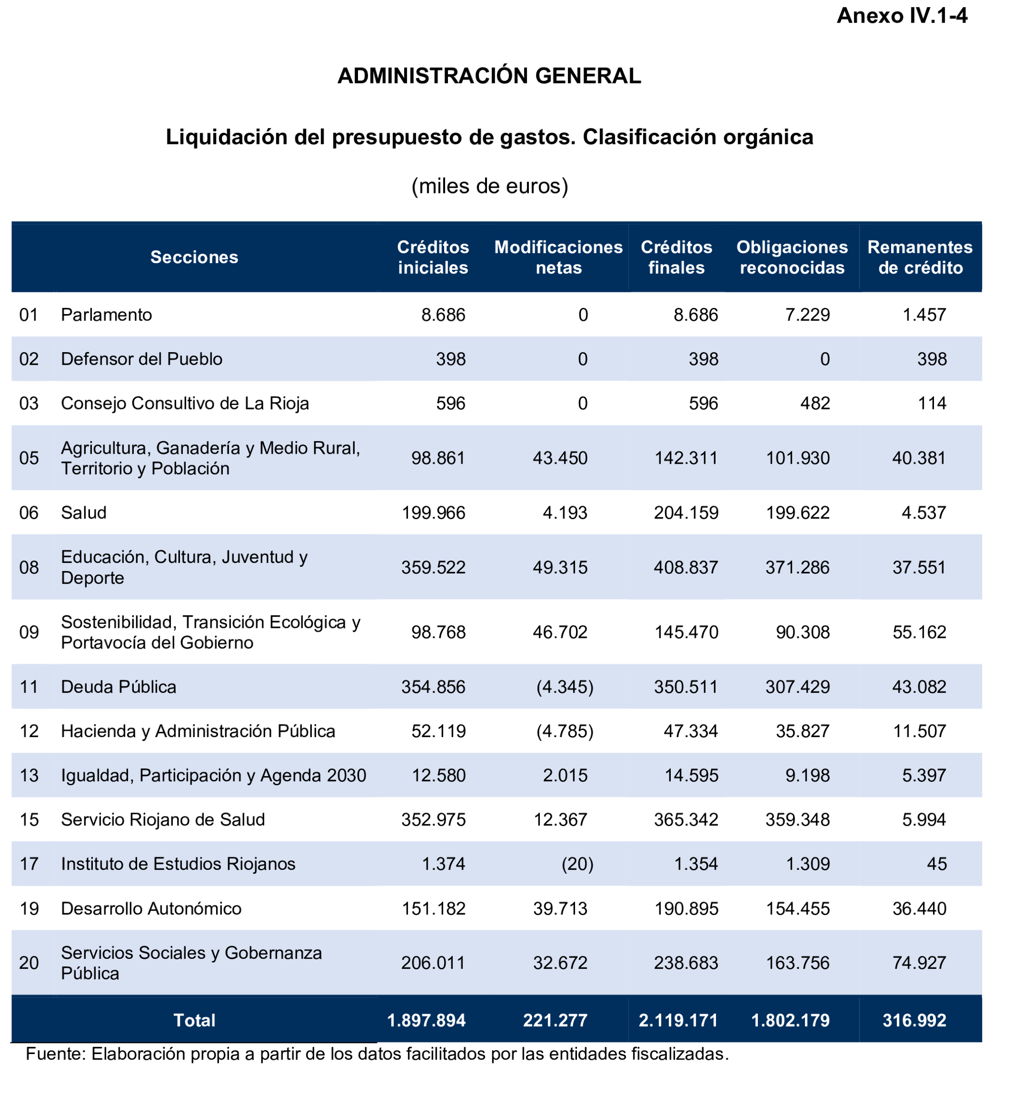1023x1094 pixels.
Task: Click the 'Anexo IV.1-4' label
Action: (901, 16)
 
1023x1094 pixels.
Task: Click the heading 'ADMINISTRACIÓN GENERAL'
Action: (489, 76)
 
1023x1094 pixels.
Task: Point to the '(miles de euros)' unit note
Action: (489, 187)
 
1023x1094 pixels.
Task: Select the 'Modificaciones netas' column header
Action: (558, 257)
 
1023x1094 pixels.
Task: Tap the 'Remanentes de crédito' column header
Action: (920, 257)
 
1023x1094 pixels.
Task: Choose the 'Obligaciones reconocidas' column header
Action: (792, 257)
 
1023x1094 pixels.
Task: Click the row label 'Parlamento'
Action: (106, 315)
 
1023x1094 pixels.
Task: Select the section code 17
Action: (28, 864)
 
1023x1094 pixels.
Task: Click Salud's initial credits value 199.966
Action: (433, 513)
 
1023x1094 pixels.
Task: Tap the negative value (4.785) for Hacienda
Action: (564, 731)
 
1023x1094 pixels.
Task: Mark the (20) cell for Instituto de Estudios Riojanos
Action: (577, 864)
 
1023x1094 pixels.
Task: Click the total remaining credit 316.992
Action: (914, 1021)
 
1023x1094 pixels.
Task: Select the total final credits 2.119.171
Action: (678, 1021)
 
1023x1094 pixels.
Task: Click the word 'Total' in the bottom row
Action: (194, 1021)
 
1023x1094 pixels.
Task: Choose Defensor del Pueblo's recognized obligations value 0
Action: (824, 359)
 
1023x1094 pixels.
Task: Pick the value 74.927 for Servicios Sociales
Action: (919, 963)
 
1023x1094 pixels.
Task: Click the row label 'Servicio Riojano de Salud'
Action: (163, 820)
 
